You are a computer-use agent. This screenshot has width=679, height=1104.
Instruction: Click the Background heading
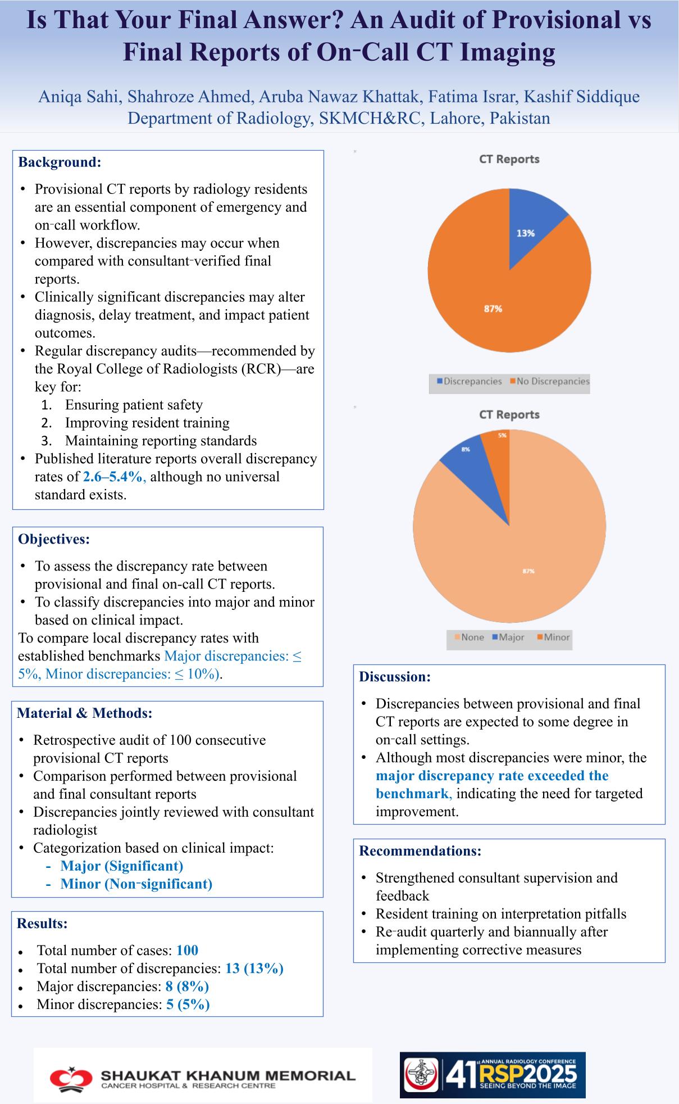(60, 162)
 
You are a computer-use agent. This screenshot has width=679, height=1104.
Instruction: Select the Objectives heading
(54, 539)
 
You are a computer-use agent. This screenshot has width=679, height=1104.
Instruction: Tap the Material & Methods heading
(85, 713)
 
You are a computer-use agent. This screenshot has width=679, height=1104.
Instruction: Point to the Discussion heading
(395, 676)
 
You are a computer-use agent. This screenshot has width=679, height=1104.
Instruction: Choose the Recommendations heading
(420, 850)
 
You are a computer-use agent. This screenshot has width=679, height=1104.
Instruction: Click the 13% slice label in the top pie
(526, 233)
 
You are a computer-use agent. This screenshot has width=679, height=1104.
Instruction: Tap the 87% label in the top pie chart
(493, 309)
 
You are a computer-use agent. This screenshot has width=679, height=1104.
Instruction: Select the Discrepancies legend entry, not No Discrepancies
(470, 381)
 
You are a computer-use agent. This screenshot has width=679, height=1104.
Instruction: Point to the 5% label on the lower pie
(502, 435)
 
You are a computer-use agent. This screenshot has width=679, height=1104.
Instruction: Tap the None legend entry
(469, 637)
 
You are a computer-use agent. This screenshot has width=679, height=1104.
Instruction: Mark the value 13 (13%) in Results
(254, 968)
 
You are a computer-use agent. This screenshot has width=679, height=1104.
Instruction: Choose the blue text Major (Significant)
(121, 866)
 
